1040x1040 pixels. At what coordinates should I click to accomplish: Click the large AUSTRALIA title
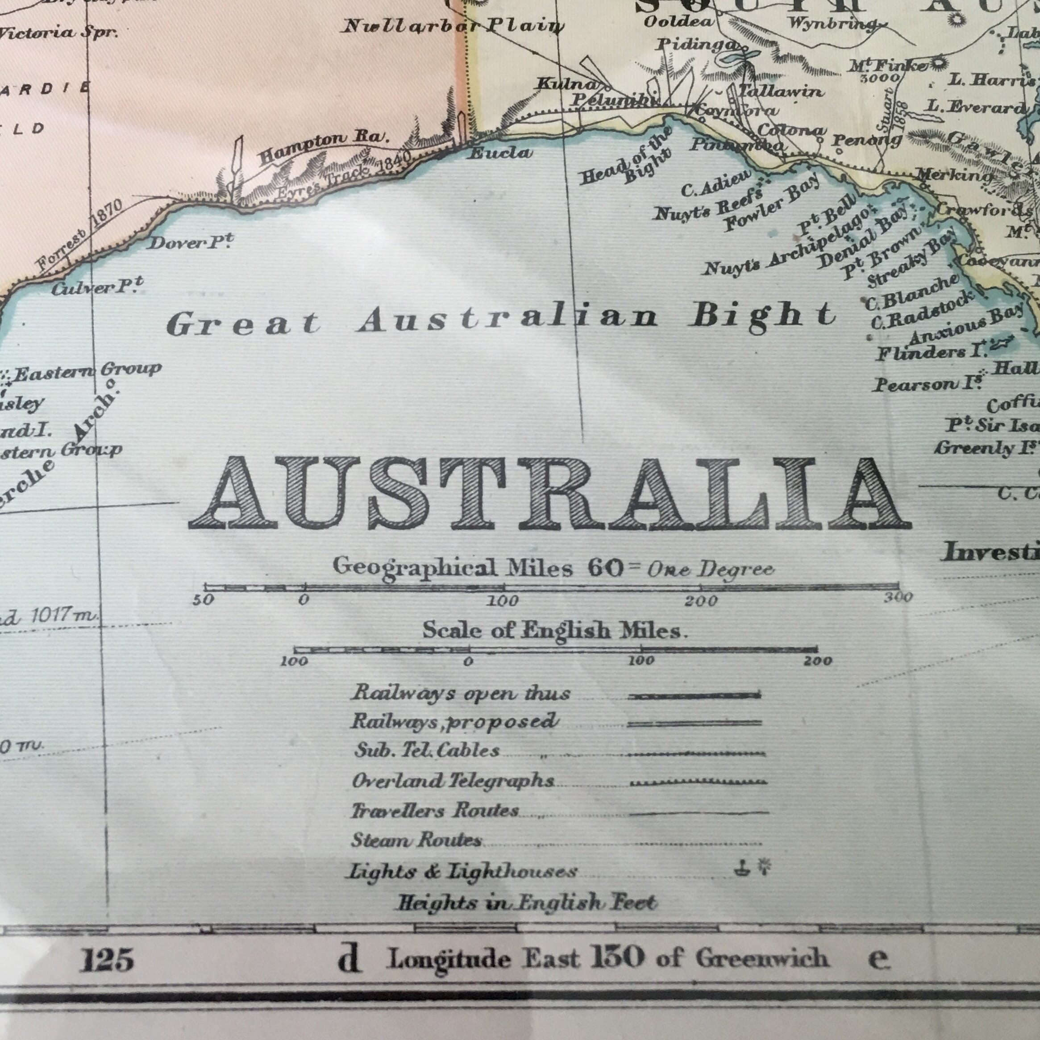click(549, 492)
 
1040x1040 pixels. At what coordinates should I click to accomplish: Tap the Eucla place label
click(501, 153)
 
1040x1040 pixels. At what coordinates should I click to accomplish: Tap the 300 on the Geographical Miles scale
click(898, 597)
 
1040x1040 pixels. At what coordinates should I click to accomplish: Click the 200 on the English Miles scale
click(818, 661)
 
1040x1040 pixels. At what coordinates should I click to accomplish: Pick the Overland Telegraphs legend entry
click(453, 781)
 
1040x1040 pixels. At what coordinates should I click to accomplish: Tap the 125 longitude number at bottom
click(106, 961)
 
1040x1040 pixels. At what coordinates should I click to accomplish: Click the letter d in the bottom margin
click(348, 961)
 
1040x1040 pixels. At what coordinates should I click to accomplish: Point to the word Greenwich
click(761, 959)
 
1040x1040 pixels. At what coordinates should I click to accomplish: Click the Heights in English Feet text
click(526, 903)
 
